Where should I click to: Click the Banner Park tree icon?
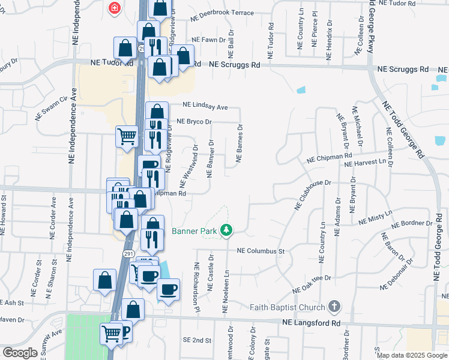pyautogui.click(x=226, y=230)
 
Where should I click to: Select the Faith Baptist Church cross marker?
pyautogui.click(x=334, y=307)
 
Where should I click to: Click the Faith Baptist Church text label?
pyautogui.click(x=291, y=307)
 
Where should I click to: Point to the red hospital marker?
pyautogui.click(x=113, y=8)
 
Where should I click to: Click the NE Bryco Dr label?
pyautogui.click(x=194, y=122)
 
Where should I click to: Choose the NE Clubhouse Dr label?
pyautogui.click(x=312, y=193)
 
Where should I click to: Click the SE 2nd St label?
pyautogui.click(x=197, y=340)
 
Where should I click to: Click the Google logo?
pyautogui.click(x=20, y=353)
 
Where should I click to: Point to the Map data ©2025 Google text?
pyautogui.click(x=411, y=355)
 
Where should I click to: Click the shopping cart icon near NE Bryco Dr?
pyautogui.click(x=127, y=136)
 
